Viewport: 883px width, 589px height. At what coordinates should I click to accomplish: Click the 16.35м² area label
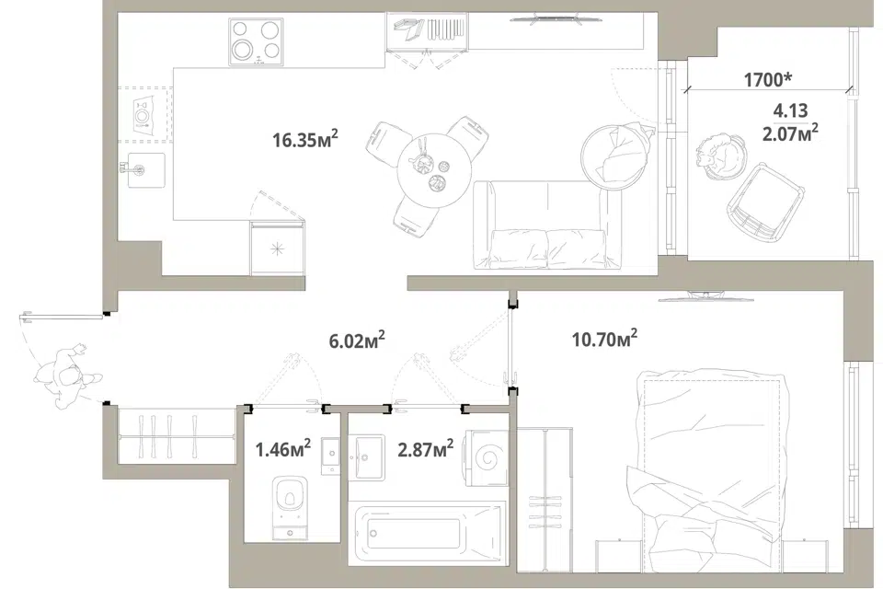coord(305,139)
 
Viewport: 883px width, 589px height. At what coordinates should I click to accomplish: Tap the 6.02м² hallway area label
coord(357,340)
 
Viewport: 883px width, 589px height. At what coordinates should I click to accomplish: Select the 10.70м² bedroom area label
coord(605,340)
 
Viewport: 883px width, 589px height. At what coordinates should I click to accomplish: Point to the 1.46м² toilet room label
coord(282,449)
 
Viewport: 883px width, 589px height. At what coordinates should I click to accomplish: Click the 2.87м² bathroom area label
coord(426,449)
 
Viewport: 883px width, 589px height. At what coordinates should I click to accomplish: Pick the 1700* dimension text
coord(767,79)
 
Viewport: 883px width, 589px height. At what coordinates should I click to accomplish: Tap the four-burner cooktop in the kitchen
coord(256,41)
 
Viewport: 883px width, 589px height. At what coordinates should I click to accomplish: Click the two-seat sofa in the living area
coord(541,225)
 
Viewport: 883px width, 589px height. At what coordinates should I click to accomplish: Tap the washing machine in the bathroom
coord(486,457)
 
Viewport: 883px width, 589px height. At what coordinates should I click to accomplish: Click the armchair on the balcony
coord(766,202)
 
